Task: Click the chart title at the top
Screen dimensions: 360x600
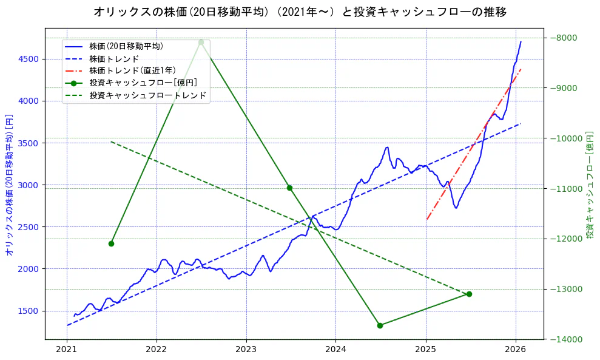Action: pyautogui.click(x=300, y=12)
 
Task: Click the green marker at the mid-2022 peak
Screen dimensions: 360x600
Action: pyautogui.click(x=201, y=42)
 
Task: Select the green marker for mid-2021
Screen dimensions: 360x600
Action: pyautogui.click(x=111, y=243)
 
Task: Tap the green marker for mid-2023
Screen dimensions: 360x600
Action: pyautogui.click(x=289, y=188)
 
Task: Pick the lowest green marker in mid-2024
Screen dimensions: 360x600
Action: pyautogui.click(x=380, y=325)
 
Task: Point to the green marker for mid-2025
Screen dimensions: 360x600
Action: pyautogui.click(x=469, y=294)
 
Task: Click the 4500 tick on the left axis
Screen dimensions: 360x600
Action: pyautogui.click(x=28, y=59)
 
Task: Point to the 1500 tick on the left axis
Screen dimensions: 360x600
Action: pyautogui.click(x=28, y=311)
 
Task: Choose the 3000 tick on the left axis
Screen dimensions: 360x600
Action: pyautogui.click(x=28, y=185)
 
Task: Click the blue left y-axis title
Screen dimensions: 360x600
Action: pyautogui.click(x=9, y=185)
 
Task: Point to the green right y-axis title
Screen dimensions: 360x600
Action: pyautogui.click(x=590, y=185)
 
